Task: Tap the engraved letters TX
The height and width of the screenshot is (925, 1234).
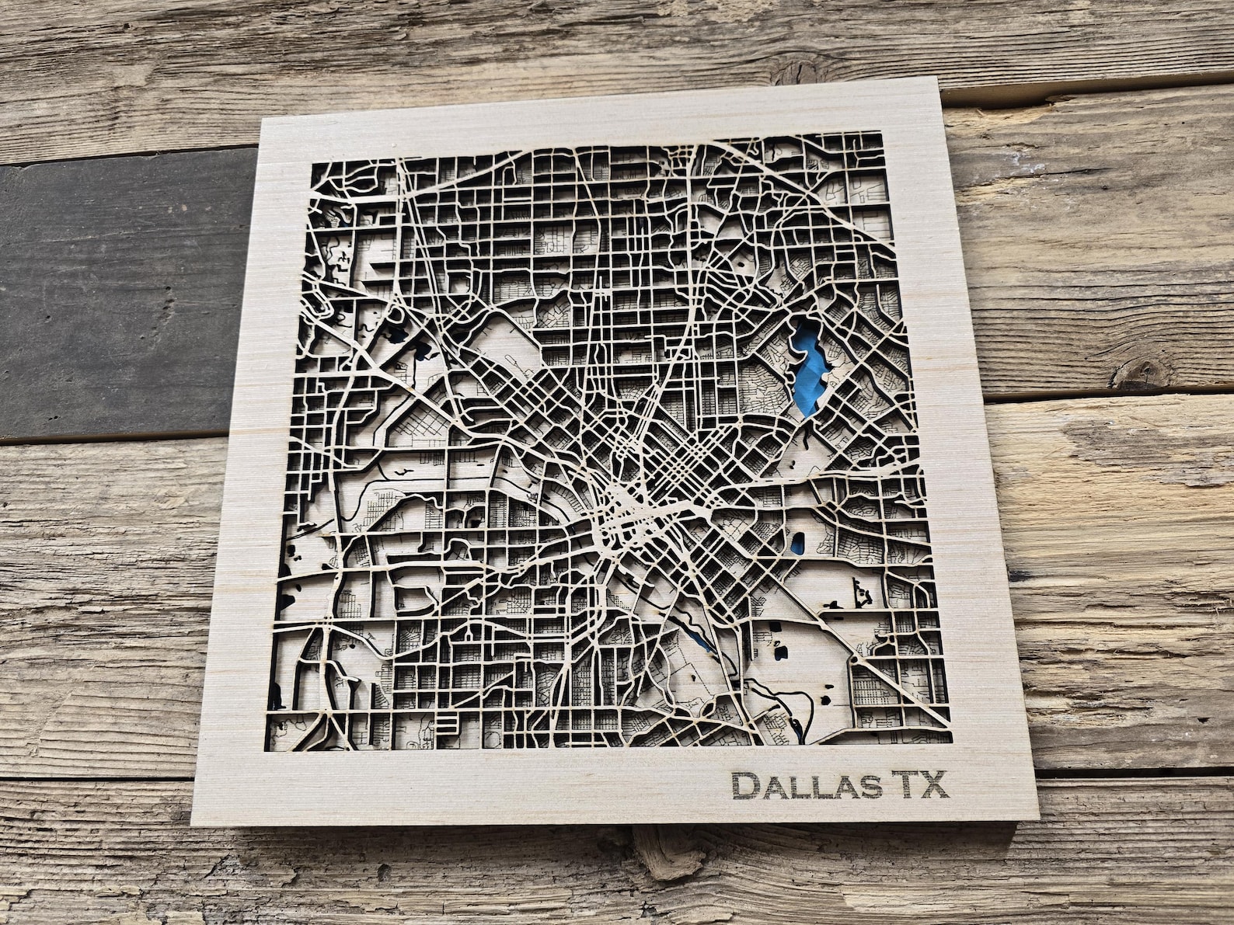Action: pyautogui.click(x=921, y=785)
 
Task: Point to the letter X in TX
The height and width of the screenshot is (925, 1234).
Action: pyautogui.click(x=936, y=785)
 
